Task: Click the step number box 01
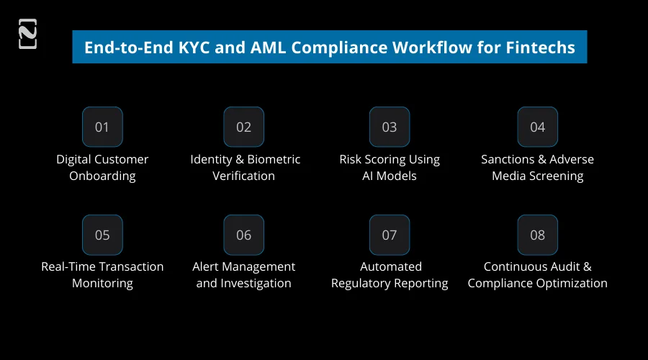(102, 127)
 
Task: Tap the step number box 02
(243, 127)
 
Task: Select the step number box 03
(390, 127)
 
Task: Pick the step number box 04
(537, 127)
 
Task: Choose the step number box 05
(102, 235)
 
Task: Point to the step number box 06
(243, 235)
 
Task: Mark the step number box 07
(390, 235)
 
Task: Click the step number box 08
(537, 235)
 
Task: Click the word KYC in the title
(179, 48)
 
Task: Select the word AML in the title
(251, 48)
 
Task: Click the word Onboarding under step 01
(102, 176)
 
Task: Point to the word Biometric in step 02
(272, 159)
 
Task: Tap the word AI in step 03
(370, 176)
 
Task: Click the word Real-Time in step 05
(68, 266)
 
